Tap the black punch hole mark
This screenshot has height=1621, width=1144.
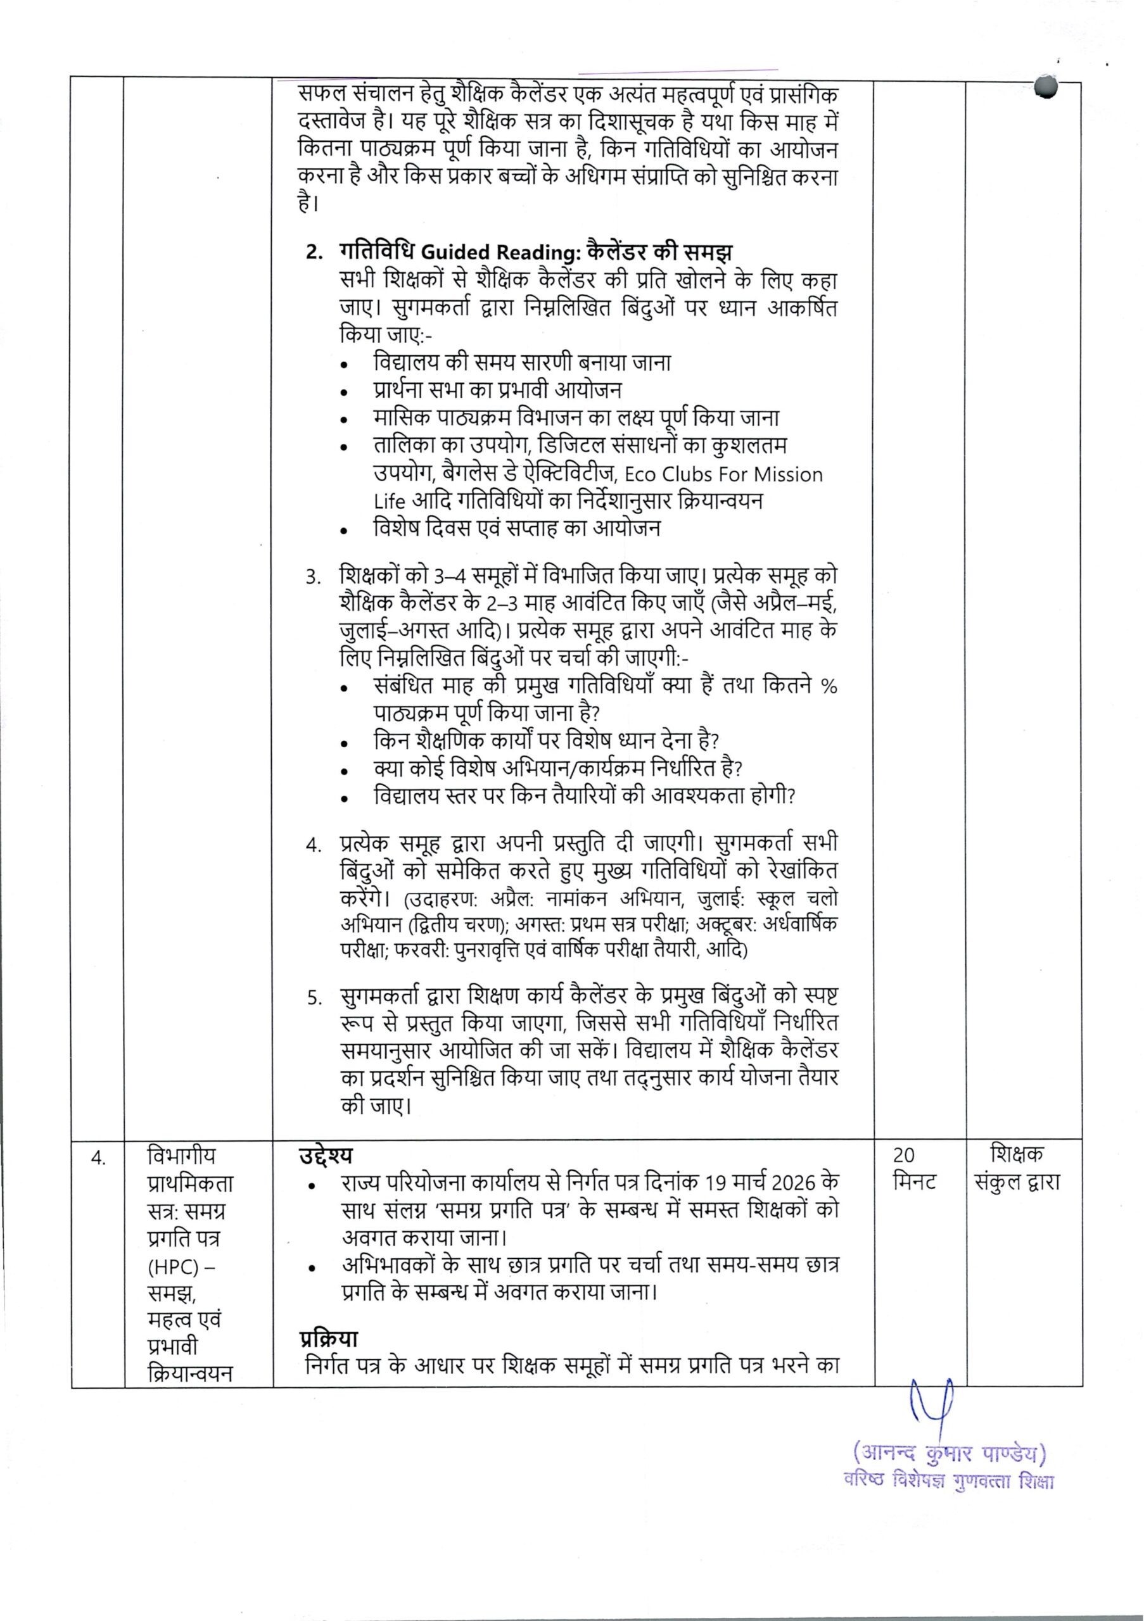1047,90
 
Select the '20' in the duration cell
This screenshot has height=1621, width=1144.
903,1156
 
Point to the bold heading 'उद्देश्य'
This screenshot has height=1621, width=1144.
325,1156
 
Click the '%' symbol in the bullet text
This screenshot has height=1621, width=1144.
830,686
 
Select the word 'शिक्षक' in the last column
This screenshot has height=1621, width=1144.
1017,1155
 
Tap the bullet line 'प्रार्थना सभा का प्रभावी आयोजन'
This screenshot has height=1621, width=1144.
498,389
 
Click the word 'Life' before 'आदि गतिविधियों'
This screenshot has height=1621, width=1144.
389,501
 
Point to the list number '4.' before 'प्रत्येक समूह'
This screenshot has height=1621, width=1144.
314,846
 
